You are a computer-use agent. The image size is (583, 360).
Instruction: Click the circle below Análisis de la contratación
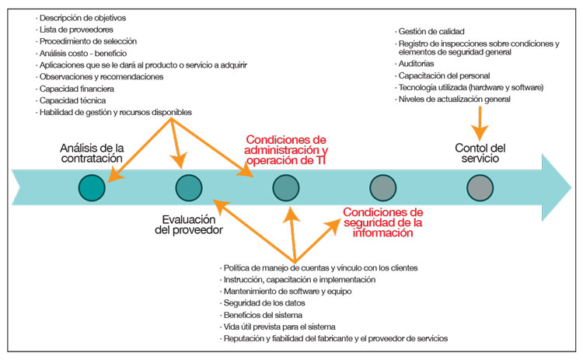pos(93,189)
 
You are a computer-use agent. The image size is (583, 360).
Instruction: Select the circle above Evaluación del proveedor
pos(189,189)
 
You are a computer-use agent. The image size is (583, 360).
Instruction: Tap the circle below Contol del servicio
pos(480,189)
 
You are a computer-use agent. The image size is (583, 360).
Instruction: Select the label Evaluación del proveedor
pos(193,225)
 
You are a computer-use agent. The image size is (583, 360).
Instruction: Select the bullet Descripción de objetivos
pos(84,17)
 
